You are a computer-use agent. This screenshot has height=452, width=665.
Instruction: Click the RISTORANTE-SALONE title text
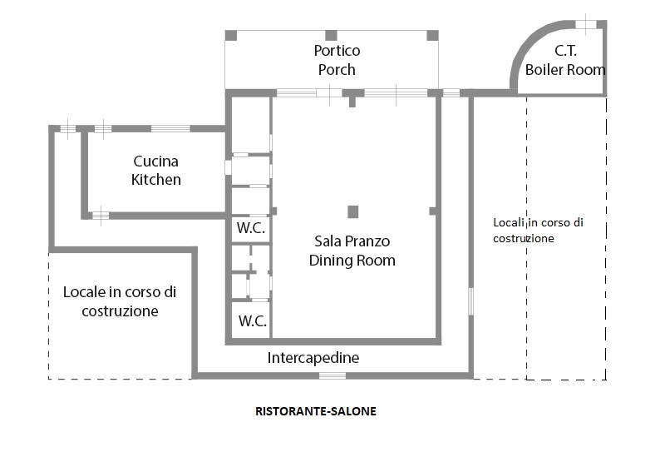pos(316,411)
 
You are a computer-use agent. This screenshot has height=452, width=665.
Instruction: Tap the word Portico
pos(337,51)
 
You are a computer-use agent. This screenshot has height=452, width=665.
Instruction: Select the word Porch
pos(337,70)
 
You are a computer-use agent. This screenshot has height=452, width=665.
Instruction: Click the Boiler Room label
pos(565,70)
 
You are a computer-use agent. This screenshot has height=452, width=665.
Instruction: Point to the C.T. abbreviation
pos(566,51)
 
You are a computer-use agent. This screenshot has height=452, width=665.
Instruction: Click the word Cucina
pos(155,161)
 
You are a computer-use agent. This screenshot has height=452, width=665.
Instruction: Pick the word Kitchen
pos(156,180)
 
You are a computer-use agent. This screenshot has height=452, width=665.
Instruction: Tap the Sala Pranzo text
pos(352,241)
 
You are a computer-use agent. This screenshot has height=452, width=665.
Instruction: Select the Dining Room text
pos(352,260)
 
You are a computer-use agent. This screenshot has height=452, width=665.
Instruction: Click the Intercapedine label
pos(313,358)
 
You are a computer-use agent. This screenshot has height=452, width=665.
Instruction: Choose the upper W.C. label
pos(251,228)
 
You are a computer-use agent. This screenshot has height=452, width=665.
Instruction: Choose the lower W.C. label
pos(253,320)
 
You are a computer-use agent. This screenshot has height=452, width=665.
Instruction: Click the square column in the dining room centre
pos(352,211)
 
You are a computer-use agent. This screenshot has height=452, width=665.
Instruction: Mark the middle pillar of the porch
pos(331,36)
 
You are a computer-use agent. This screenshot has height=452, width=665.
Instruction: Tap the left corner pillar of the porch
pos(231,36)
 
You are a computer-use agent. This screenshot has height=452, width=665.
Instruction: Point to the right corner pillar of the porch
pos(432,36)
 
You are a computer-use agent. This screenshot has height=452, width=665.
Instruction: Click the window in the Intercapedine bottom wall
pos(332,375)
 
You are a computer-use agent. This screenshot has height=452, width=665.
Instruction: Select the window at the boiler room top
pos(586,24)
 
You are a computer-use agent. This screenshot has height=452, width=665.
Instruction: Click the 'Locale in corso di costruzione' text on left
pos(120,301)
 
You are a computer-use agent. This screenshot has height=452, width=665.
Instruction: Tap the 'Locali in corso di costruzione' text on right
pos(538,231)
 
